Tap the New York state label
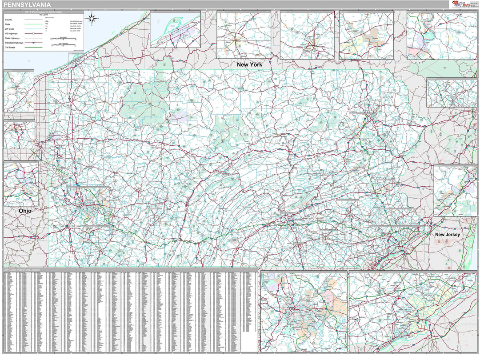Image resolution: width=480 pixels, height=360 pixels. click(249, 64)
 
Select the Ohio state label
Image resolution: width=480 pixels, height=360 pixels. click(25, 211)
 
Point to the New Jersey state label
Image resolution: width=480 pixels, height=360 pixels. click(448, 234)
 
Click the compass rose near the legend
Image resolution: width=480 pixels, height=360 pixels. click(93, 19)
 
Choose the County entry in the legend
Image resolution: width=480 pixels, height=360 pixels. click(8, 20)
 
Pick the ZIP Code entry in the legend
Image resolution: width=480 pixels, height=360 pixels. click(10, 29)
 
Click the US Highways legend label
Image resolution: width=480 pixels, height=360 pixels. click(11, 33)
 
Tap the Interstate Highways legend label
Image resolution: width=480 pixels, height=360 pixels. click(14, 42)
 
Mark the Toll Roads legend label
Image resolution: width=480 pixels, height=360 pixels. click(11, 47)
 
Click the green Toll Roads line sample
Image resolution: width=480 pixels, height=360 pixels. click(33, 47)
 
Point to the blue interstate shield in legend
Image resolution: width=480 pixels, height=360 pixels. click(33, 42)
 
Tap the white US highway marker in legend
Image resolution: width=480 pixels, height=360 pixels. click(33, 33)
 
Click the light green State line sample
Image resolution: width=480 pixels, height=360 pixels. click(33, 24)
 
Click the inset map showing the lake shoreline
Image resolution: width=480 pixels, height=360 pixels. click(175, 30)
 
